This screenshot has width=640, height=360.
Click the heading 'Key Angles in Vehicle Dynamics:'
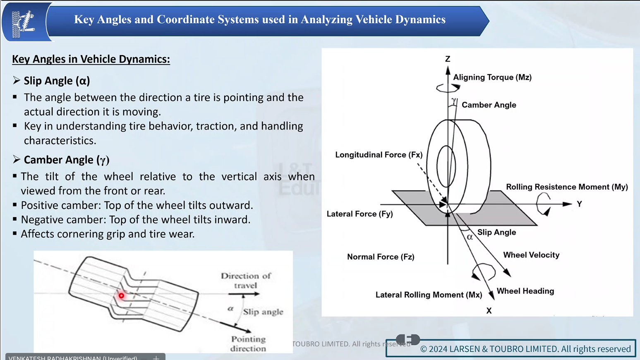(91, 59)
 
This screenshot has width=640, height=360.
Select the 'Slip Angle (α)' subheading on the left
(57, 81)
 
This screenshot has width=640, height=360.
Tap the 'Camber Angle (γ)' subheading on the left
(66, 160)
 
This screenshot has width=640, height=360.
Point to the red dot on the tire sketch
(121, 295)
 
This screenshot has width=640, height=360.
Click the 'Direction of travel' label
(246, 281)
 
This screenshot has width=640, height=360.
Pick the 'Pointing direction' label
(248, 343)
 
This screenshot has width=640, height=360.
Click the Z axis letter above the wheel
(448, 59)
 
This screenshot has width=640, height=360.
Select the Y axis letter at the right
(579, 204)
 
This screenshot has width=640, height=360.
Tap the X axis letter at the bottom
(489, 311)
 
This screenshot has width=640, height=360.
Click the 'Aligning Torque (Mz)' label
(492, 77)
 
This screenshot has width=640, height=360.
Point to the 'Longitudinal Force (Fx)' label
(379, 155)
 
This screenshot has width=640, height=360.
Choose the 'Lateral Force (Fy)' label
(360, 214)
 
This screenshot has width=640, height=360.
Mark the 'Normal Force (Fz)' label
(381, 257)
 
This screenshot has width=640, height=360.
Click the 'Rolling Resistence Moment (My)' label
(567, 187)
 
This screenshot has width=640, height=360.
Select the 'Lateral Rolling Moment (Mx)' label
(429, 295)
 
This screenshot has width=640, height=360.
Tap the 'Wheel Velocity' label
(531, 255)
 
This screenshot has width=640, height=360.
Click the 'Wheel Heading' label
(525, 291)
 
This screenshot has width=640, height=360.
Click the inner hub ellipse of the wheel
(446, 166)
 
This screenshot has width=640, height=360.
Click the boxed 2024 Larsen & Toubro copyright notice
(511, 348)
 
